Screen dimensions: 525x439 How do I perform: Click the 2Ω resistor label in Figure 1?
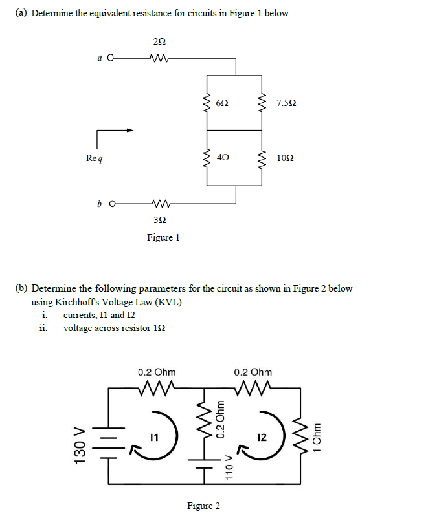[159, 42]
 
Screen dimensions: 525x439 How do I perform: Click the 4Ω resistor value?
[222, 157]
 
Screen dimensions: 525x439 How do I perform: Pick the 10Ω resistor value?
[284, 157]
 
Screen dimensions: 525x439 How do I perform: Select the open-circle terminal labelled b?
[113, 205]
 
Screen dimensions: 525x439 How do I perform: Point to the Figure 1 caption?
[163, 237]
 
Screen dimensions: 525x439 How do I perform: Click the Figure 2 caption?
[203, 506]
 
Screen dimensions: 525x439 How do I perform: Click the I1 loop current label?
[153, 438]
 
